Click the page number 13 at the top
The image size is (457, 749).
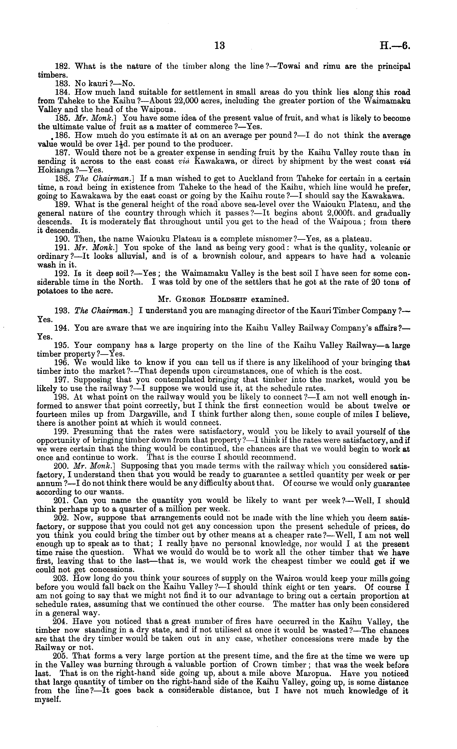click(220, 46)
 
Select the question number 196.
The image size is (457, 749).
click(62, 363)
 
